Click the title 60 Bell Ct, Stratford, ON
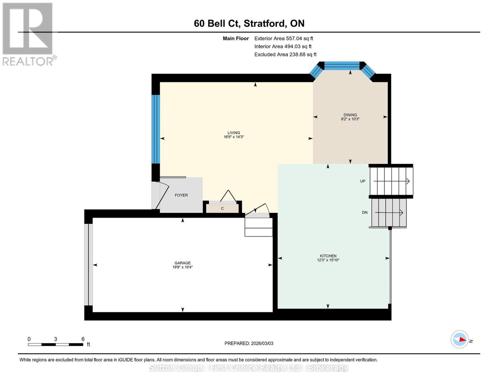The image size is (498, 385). tap(249, 23)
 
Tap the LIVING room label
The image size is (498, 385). tap(233, 133)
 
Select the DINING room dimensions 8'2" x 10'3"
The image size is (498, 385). tap(350, 119)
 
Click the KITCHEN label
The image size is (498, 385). tap(328, 256)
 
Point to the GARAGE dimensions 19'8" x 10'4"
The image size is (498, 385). tap(182, 267)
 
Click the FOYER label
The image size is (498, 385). tap(181, 195)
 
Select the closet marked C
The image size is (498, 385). tap(222, 209)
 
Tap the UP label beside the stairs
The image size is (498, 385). tap(362, 181)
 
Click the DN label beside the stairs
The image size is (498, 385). tap(365, 212)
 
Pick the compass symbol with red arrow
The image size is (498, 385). tap(460, 339)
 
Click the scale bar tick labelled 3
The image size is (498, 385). tap(55, 339)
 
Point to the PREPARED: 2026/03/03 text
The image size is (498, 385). tap(249, 343)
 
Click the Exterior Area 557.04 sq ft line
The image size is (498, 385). tap(283, 38)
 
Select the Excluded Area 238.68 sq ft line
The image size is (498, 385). tap(285, 55)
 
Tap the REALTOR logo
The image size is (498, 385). tap(28, 34)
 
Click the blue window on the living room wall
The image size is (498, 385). tap(156, 129)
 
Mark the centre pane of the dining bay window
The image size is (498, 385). tap(342, 66)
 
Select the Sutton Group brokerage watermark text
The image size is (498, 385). tap(249, 368)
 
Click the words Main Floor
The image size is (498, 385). tap(236, 38)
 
